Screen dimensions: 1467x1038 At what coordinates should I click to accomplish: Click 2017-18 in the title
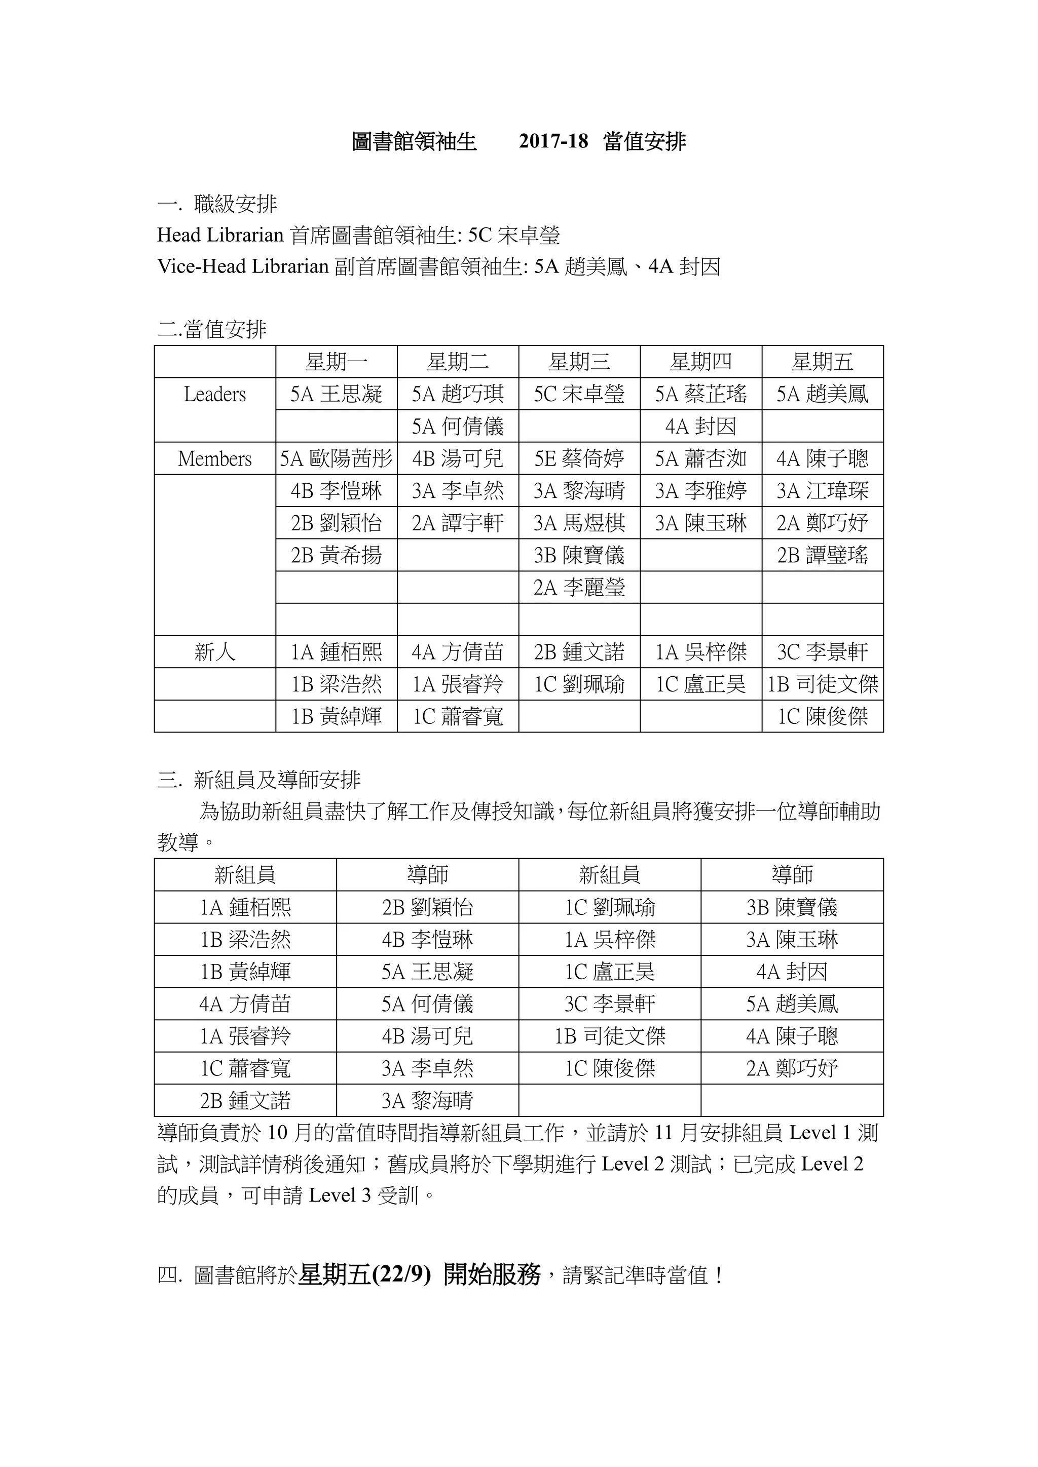pos(553,141)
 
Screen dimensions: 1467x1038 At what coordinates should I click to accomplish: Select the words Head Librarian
pos(220,235)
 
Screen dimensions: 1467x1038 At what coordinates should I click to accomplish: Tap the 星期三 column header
pos(579,362)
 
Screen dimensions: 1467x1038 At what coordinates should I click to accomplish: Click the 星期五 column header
pos(822,362)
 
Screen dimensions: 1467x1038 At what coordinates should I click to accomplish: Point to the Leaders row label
pos(215,394)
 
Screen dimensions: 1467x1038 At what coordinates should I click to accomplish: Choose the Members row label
pos(215,459)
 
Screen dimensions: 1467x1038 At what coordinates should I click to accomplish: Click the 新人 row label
pos(215,652)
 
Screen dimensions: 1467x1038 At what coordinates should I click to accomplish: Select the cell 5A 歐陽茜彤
pos(336,459)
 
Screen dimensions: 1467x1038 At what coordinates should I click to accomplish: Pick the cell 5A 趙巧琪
pos(458,394)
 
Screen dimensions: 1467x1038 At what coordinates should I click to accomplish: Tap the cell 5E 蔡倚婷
pos(579,459)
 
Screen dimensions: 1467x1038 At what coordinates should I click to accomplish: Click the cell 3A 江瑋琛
pos(822,491)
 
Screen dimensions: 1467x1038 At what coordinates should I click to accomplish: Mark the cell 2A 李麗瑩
pos(579,587)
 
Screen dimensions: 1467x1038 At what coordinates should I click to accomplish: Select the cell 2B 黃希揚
pos(336,555)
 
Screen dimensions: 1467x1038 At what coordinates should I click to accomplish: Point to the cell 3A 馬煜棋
pos(579,523)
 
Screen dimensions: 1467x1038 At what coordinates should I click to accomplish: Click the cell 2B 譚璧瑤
pos(822,555)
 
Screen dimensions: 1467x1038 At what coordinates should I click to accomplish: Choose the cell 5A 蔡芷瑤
pos(700,394)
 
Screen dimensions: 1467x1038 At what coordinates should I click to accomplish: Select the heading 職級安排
pos(235,205)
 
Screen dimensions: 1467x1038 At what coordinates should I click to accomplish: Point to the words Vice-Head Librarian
pos(243,266)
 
